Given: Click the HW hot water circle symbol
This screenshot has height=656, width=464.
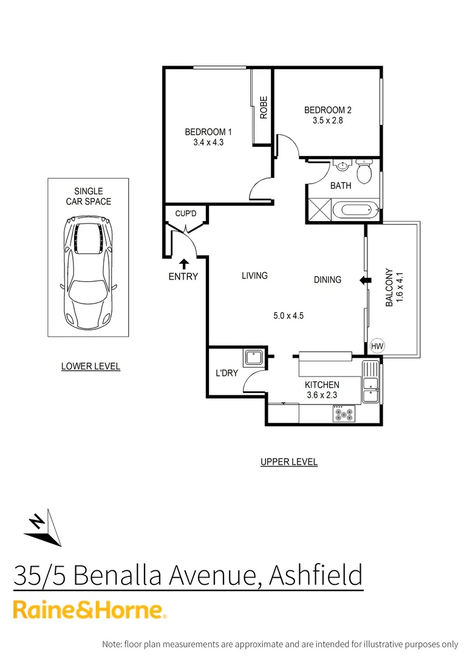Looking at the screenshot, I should pos(377,346).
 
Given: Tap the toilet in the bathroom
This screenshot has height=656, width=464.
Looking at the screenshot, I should pos(364,172).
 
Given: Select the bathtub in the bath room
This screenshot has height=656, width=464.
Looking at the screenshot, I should pos(356,211).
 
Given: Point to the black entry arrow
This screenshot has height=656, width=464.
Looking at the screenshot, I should pos(183,263).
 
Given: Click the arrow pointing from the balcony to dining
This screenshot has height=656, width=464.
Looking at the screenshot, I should pos(365,280).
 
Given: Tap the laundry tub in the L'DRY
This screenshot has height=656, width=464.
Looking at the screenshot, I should pos(253,357).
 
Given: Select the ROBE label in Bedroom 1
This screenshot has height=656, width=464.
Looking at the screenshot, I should pos(264,108).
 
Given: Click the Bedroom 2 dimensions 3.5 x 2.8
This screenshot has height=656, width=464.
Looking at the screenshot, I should pos(327,121).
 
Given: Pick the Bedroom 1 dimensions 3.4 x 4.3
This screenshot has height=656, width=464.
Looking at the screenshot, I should pos(208,143).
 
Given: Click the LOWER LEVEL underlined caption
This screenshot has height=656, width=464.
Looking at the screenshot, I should pos(90,366).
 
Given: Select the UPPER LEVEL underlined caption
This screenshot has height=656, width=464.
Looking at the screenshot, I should pos(289,462).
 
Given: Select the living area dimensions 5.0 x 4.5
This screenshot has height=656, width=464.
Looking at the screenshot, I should pos(288,316).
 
